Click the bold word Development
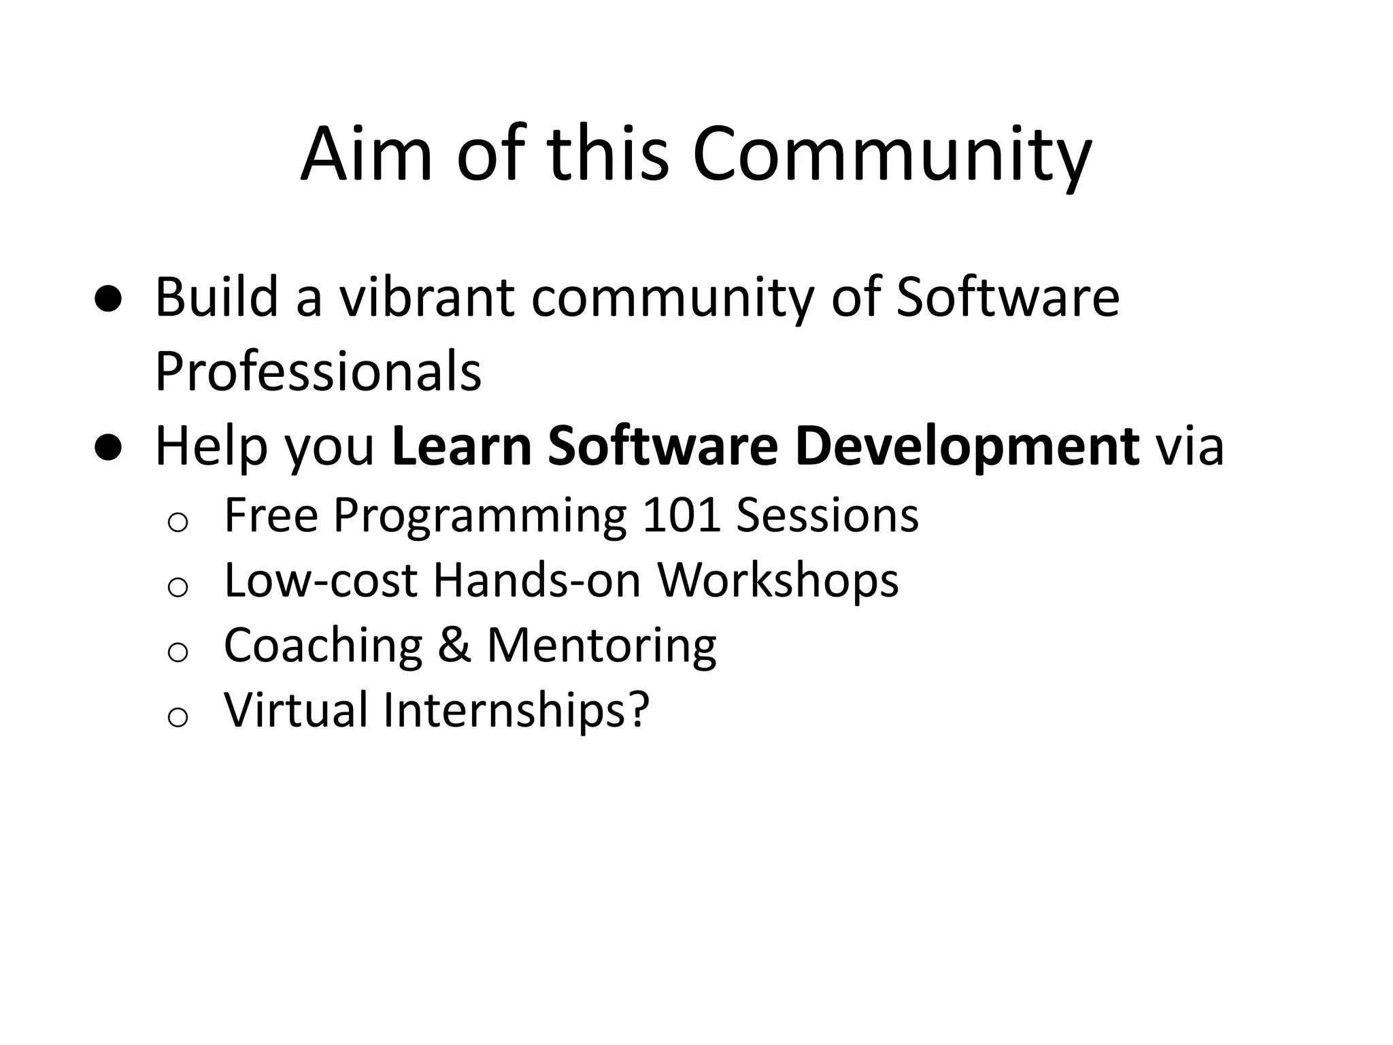point(967,446)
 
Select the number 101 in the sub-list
point(681,515)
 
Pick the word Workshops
point(777,580)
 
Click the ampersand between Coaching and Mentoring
point(454,645)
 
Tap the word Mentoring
point(601,645)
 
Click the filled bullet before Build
point(108,299)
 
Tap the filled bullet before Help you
point(108,448)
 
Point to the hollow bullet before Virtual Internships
point(178,716)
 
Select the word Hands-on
point(537,580)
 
